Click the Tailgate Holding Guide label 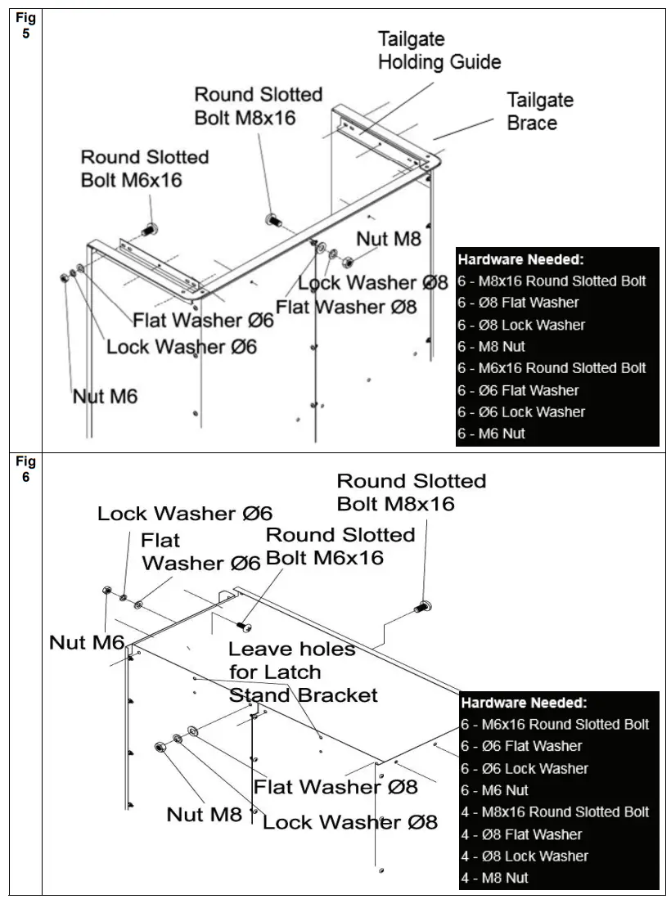click(x=439, y=51)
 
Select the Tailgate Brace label click(x=539, y=111)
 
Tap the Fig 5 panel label click(x=26, y=25)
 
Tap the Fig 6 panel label click(x=26, y=470)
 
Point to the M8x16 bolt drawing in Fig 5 click(x=273, y=220)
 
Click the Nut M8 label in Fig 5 click(x=388, y=239)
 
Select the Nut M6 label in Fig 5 click(x=105, y=397)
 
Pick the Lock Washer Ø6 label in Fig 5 click(x=182, y=346)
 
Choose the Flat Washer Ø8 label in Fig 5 click(x=346, y=307)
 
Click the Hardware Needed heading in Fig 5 click(x=520, y=259)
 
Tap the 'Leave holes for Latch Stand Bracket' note click(x=302, y=672)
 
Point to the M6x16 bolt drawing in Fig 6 click(x=244, y=625)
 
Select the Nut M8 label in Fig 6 click(x=205, y=814)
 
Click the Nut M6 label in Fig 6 click(x=87, y=642)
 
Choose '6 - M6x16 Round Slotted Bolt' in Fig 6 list click(x=555, y=724)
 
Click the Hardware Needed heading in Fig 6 click(x=525, y=703)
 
